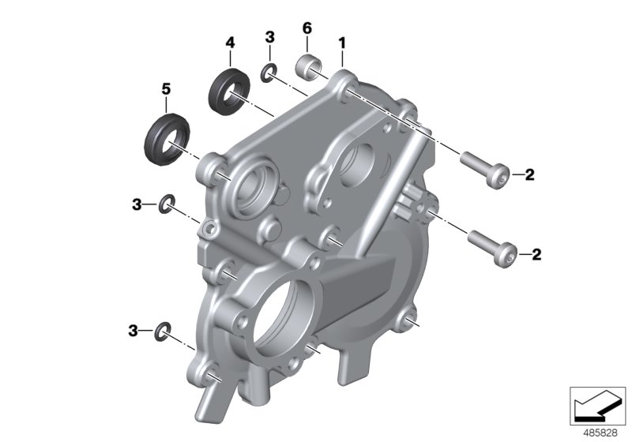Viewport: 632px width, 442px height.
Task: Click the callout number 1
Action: point(342,39)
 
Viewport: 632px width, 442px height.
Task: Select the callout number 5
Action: point(166,89)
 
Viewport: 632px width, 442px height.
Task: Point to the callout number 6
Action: point(307,28)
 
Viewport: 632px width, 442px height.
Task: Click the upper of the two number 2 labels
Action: point(529,174)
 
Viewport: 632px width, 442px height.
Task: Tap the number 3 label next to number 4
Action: point(269,36)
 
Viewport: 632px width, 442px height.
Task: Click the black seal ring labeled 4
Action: point(228,92)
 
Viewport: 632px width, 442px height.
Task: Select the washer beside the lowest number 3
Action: point(163,329)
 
